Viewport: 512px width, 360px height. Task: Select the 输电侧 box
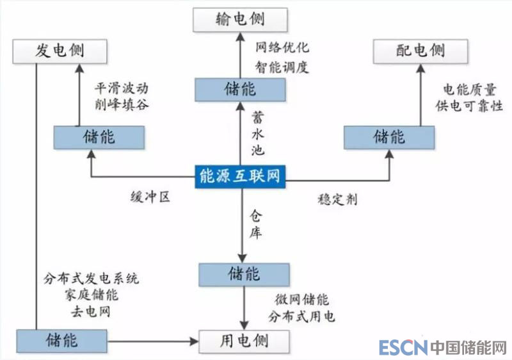pos(240,19)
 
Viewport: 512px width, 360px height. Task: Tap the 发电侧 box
pos(59,50)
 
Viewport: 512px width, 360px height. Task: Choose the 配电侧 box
pos(420,50)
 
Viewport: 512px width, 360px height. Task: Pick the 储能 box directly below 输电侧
pos(240,89)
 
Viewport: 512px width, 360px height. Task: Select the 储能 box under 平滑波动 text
pos(99,136)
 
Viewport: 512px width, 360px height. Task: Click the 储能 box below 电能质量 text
pos(389,136)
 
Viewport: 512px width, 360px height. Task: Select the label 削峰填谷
pos(122,104)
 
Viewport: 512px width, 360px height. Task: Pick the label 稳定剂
pos(337,199)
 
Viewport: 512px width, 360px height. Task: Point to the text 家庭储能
pos(92,296)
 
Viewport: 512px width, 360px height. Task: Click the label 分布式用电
pos(302,316)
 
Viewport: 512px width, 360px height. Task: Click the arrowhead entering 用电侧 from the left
pos(195,340)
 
